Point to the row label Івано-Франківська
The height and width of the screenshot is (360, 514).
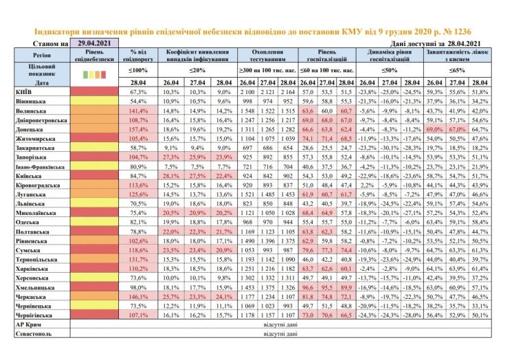pos(38,166)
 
